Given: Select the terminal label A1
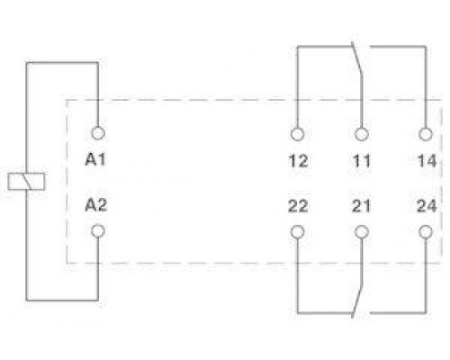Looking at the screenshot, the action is tap(95, 159).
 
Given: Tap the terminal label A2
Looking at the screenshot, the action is tap(96, 205).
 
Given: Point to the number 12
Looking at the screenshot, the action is tap(298, 161).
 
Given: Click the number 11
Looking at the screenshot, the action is tap(362, 161).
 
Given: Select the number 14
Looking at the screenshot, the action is tap(427, 161).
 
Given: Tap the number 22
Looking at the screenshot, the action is tap(298, 206).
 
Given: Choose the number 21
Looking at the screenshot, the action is tap(362, 206).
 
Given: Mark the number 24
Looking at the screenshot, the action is tap(427, 206).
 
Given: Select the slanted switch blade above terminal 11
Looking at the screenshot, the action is tap(356, 59).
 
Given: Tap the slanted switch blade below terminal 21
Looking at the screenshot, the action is tap(357, 300).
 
